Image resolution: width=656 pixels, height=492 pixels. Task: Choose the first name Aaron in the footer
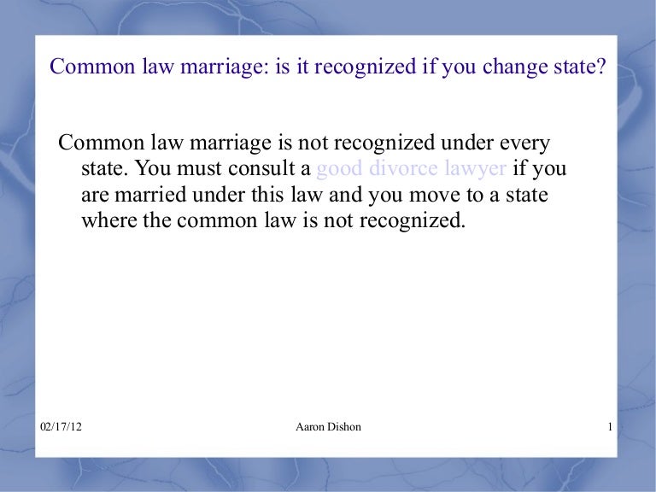coord(308,426)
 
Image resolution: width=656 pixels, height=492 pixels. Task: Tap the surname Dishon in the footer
coord(344,426)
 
